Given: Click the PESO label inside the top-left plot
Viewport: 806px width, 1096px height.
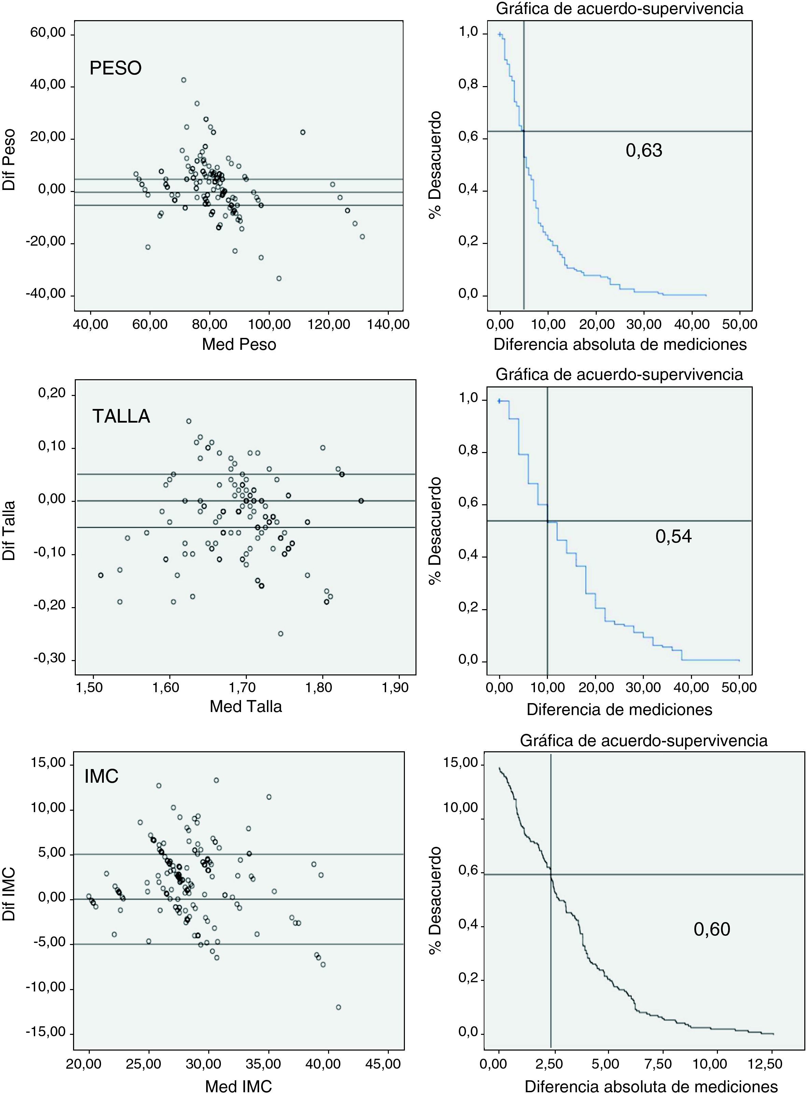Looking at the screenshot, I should click(116, 68).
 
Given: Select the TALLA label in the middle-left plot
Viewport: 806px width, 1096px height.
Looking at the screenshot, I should click(121, 416).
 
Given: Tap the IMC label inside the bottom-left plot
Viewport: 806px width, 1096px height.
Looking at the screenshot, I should click(101, 776).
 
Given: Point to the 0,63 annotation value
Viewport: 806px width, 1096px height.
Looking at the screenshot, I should click(644, 150).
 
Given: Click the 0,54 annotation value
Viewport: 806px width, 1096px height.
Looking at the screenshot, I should click(673, 536).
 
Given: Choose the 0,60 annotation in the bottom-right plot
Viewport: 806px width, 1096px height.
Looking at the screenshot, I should click(712, 929).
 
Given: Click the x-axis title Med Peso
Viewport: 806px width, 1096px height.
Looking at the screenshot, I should click(239, 344).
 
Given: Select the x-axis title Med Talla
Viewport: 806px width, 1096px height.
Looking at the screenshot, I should click(246, 707).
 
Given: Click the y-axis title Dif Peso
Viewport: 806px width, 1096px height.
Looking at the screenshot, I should click(9, 160).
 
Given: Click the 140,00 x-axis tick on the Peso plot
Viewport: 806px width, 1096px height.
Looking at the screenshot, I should click(388, 324).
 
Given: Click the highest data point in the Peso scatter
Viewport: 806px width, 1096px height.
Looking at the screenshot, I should click(183, 80).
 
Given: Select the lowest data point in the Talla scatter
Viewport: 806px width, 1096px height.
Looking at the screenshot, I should click(281, 634).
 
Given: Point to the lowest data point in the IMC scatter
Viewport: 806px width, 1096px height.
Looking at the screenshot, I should click(339, 994).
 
